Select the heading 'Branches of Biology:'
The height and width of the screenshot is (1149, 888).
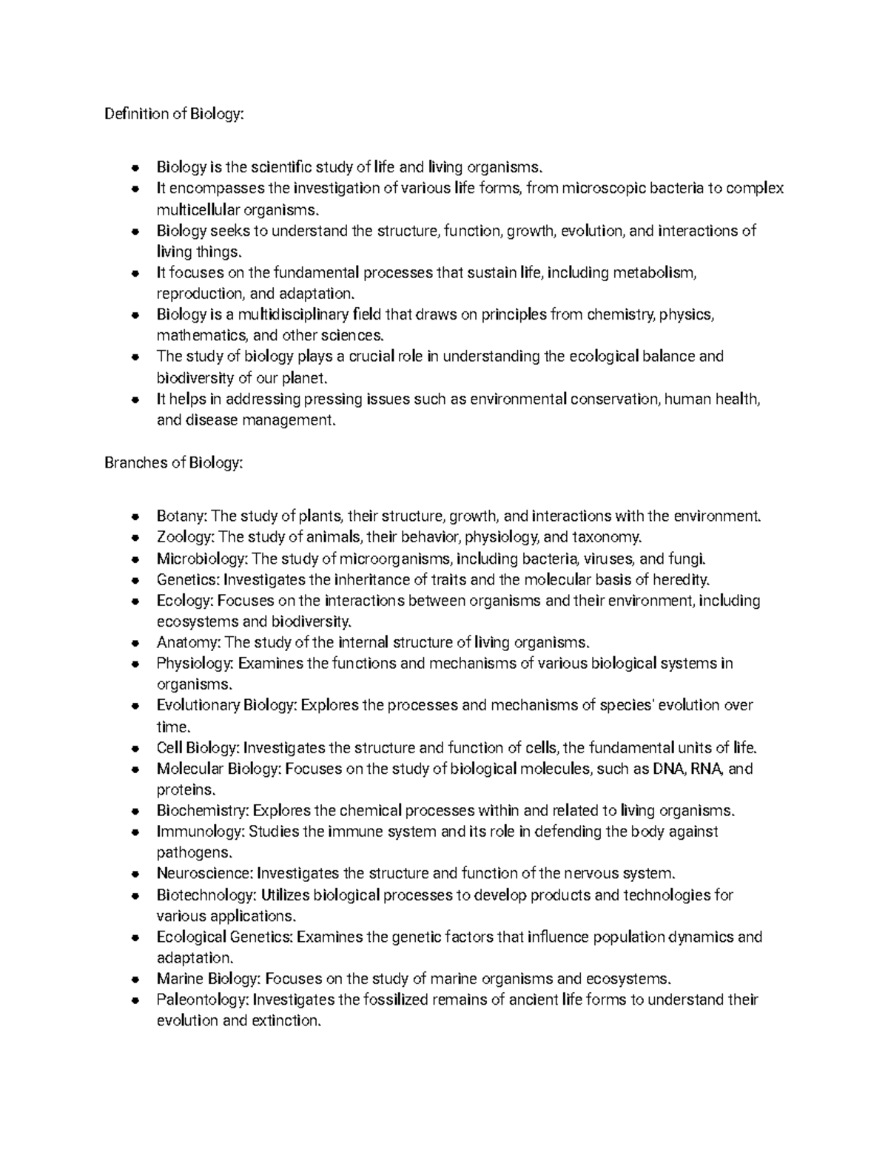173,463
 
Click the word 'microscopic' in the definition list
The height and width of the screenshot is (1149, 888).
600,188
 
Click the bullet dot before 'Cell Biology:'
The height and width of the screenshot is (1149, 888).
135,748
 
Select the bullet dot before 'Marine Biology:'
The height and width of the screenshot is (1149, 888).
135,980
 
